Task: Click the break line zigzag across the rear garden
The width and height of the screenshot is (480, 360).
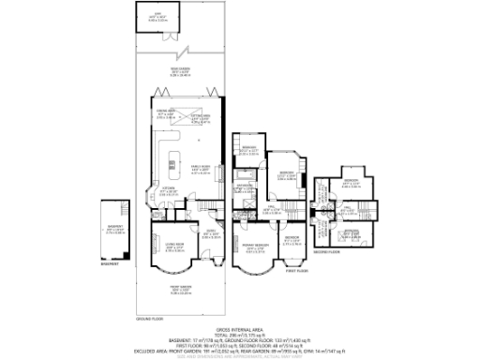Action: (192, 50)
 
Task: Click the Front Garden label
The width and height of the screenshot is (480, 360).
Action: (187, 290)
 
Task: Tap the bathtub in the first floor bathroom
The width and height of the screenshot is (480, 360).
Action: (246, 174)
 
